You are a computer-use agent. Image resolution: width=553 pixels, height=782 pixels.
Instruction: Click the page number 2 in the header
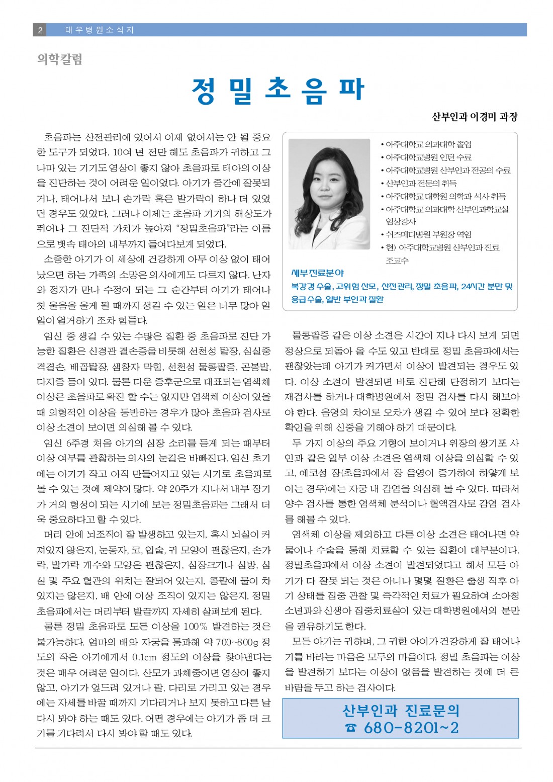pyautogui.click(x=40, y=30)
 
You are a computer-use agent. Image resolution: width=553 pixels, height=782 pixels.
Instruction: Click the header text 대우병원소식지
pyautogui.click(x=100, y=30)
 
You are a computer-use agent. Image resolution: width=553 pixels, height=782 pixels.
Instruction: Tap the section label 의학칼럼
pyautogui.click(x=59, y=59)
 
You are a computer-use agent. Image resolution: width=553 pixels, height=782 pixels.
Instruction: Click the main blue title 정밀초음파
pyautogui.click(x=278, y=91)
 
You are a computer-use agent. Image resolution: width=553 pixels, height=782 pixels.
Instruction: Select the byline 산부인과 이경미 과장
pyautogui.click(x=475, y=117)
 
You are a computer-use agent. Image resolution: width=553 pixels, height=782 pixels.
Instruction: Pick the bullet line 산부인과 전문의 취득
pyautogui.click(x=421, y=183)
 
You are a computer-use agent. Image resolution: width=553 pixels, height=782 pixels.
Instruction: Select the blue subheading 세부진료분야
pyautogui.click(x=318, y=273)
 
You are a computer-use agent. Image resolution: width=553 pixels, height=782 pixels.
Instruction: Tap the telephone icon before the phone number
pyautogui.click(x=350, y=728)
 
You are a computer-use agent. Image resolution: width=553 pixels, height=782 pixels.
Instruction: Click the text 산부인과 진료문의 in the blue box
pyautogui.click(x=401, y=711)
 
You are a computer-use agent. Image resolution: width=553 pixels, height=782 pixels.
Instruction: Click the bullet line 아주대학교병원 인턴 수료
pyautogui.click(x=428, y=157)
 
